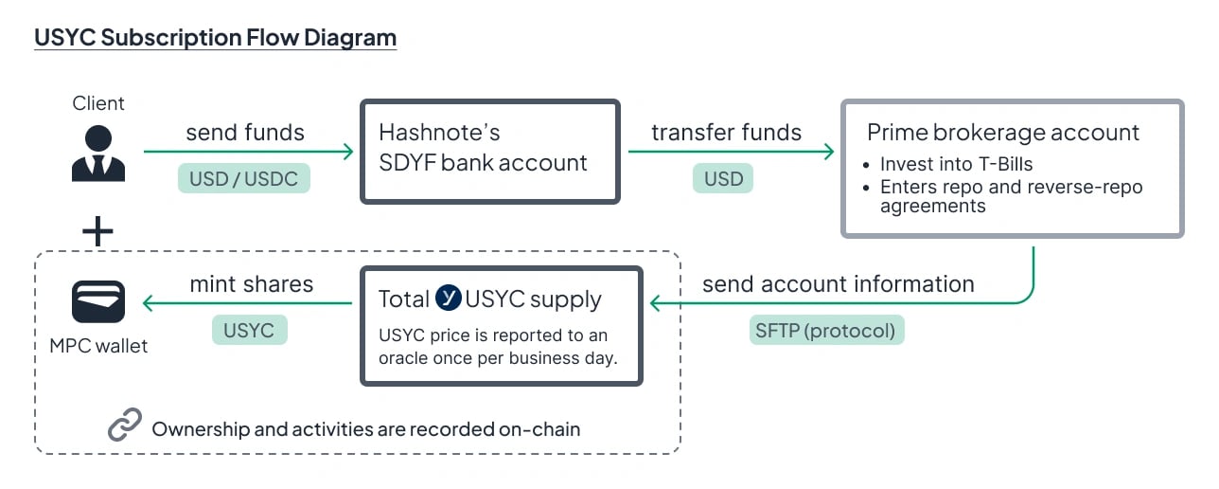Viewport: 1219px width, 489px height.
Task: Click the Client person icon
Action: [x=98, y=153]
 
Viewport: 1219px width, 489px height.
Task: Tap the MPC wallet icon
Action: [x=98, y=301]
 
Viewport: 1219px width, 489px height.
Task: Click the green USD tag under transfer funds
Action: [x=723, y=179]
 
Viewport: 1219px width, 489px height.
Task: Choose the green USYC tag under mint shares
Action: [x=249, y=330]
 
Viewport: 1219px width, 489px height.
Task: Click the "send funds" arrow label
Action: [x=245, y=133]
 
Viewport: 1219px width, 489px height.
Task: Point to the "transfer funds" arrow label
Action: [x=726, y=133]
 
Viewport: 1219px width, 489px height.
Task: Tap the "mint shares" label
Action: [x=251, y=283]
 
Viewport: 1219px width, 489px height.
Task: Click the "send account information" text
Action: [x=838, y=283]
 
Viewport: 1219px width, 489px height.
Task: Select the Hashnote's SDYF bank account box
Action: [x=489, y=151]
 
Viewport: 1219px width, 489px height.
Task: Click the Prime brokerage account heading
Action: [x=1003, y=133]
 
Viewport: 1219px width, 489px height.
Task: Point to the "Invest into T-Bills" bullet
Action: [x=956, y=164]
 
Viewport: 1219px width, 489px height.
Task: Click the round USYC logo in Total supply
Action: [x=449, y=299]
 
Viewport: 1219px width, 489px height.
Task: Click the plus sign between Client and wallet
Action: [x=98, y=231]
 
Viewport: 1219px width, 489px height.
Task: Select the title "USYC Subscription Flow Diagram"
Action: [x=215, y=38]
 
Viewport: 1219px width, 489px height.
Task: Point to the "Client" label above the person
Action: [x=98, y=103]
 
